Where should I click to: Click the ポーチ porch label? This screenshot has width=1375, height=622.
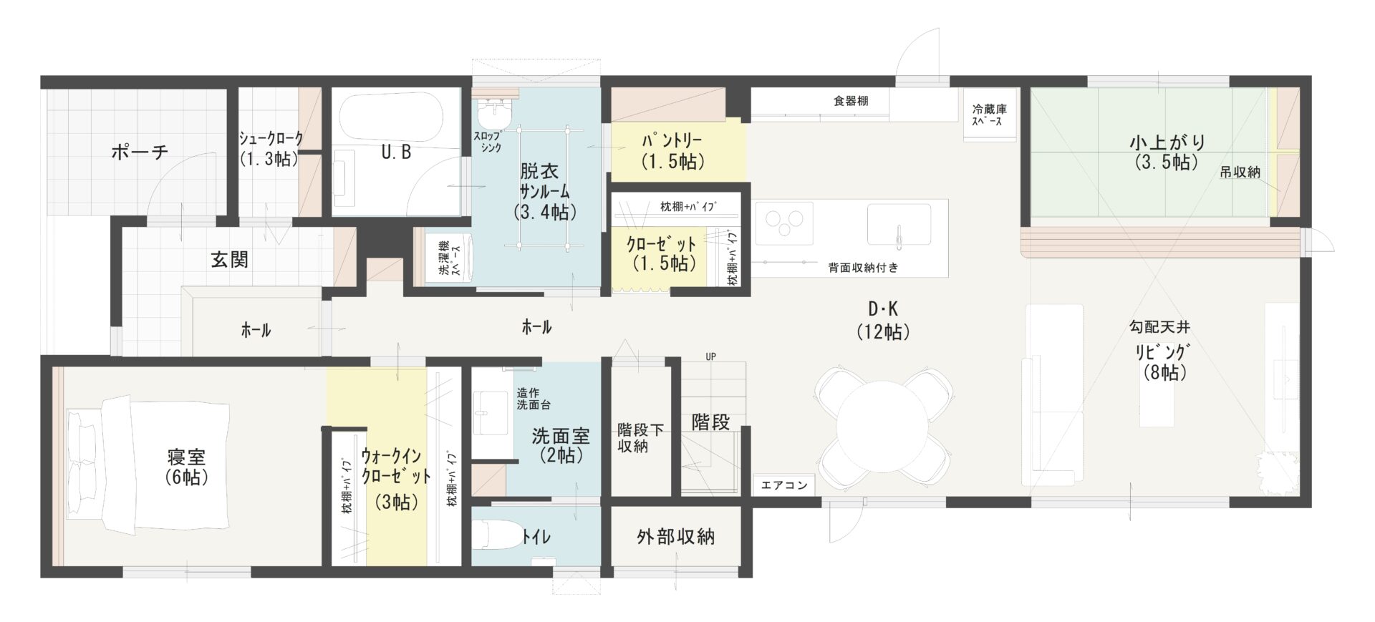140,152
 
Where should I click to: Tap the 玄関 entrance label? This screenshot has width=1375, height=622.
229,259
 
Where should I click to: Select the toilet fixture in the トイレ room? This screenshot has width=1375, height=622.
498,534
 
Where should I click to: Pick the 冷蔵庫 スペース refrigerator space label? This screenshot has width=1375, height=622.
989,115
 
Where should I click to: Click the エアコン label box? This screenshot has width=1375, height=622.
784,485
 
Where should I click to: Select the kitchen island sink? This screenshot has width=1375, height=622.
899,224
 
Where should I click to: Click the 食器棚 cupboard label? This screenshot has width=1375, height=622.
851,101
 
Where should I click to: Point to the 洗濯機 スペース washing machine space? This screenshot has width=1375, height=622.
448,257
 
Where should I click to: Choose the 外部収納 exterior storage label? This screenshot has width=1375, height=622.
675,536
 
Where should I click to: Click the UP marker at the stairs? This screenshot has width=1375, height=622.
710,356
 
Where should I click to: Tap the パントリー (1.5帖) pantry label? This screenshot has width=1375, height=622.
671,151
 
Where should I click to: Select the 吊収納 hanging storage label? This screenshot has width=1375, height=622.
1240,172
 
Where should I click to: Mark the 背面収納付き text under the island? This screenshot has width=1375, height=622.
863,268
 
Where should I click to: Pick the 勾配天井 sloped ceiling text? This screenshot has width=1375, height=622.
1159,327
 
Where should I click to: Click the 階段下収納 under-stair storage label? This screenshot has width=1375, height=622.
640,437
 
